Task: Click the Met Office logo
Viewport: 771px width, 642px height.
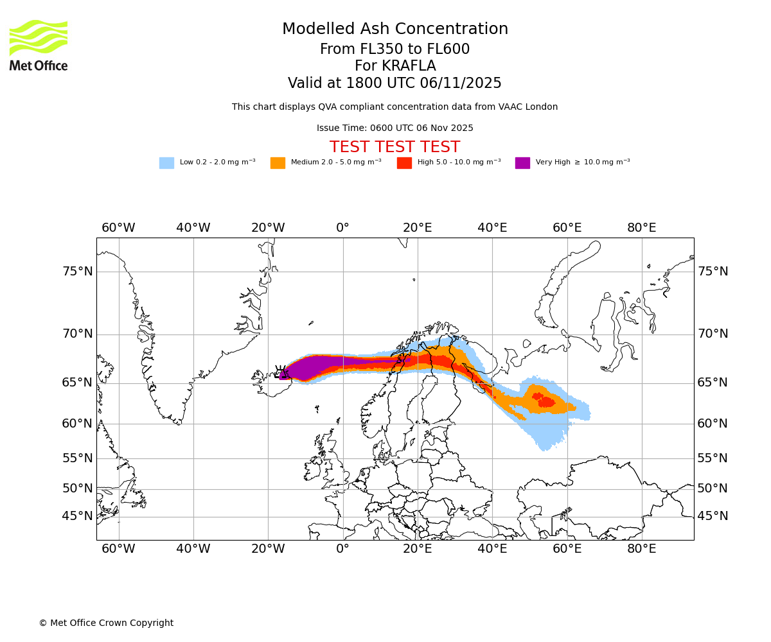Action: tap(39, 45)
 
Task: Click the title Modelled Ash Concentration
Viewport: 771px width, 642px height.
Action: tap(394, 30)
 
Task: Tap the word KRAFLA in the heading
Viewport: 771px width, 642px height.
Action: tap(394, 66)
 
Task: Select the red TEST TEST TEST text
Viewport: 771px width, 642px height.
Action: tap(394, 147)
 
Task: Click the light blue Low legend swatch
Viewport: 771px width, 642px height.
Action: tap(166, 163)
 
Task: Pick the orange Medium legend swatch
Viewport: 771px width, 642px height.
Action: tap(278, 163)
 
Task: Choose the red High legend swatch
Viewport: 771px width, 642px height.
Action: tap(404, 163)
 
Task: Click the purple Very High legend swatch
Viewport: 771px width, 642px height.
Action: tap(522, 163)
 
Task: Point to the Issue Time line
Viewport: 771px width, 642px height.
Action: tap(394, 128)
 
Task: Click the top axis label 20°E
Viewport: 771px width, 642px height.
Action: tap(418, 228)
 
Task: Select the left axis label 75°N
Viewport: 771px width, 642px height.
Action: tap(77, 272)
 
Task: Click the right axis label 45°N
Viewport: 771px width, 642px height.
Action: tap(713, 516)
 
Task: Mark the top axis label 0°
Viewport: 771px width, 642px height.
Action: tap(343, 228)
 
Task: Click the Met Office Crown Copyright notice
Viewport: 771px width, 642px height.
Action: tap(106, 623)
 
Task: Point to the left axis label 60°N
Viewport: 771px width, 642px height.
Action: tap(77, 424)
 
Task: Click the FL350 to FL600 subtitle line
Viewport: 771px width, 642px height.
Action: tap(394, 49)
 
